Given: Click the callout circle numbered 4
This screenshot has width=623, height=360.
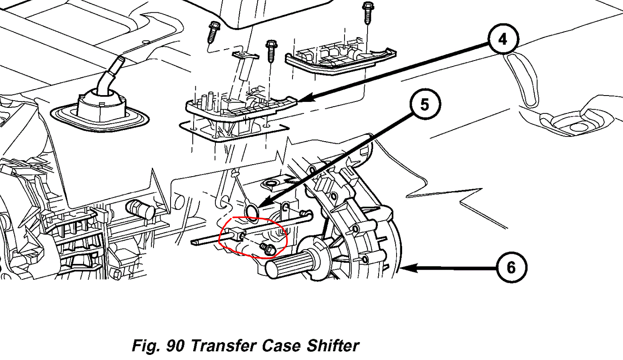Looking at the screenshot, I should click(x=503, y=40).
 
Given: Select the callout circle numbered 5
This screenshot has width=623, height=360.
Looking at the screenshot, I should click(x=425, y=105).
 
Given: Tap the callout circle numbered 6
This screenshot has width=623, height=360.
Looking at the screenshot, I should click(x=511, y=268).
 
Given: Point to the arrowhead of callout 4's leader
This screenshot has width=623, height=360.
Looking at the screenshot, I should click(x=301, y=100).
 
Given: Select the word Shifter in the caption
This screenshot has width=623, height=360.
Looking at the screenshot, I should click(x=333, y=345).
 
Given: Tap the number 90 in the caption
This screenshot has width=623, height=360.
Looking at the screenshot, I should click(x=175, y=345).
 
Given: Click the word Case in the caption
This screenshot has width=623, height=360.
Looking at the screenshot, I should click(x=281, y=345).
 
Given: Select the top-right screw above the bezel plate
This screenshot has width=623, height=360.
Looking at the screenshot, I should click(x=367, y=13).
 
